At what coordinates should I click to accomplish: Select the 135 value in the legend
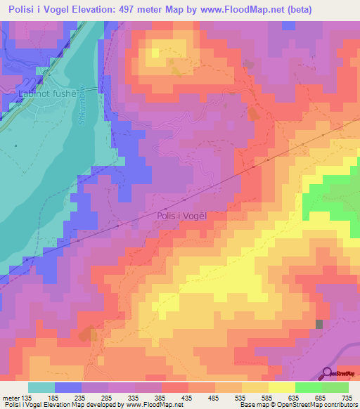[x=28, y=396]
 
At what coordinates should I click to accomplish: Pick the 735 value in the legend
[x=347, y=396]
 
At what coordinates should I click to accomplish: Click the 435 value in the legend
[x=188, y=396]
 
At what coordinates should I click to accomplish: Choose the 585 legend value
[x=268, y=396]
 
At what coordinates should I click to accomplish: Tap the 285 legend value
[x=108, y=396]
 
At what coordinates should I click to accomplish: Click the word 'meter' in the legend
[x=10, y=396]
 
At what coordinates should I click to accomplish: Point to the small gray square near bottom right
[x=320, y=324]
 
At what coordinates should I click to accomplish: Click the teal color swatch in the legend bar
[x=41, y=387]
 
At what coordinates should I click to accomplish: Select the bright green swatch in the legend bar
[x=309, y=387]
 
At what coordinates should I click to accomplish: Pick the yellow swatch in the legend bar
[x=281, y=387]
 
